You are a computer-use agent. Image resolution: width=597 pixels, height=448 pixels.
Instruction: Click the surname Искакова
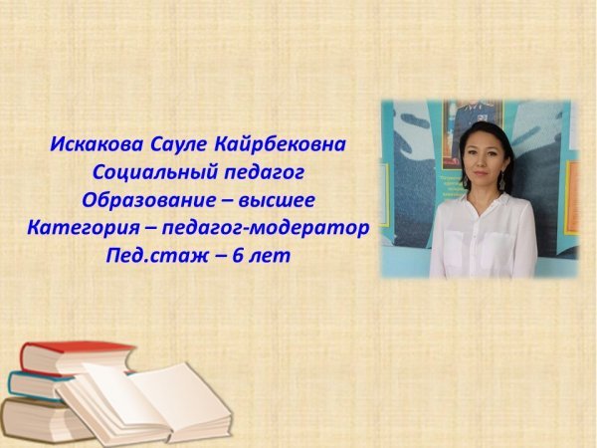point(98,144)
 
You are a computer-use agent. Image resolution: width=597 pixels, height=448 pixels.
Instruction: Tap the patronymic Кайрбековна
point(280,144)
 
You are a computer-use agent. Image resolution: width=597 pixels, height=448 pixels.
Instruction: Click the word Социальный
point(155,172)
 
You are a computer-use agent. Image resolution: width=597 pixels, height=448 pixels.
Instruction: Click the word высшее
point(277,201)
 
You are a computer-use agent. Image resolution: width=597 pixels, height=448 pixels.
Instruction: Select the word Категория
point(84,229)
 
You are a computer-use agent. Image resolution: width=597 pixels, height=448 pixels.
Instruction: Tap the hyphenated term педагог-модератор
point(266,229)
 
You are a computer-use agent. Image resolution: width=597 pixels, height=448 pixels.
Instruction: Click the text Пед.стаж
point(157,256)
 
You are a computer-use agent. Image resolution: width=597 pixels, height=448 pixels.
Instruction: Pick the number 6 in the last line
point(238,256)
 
